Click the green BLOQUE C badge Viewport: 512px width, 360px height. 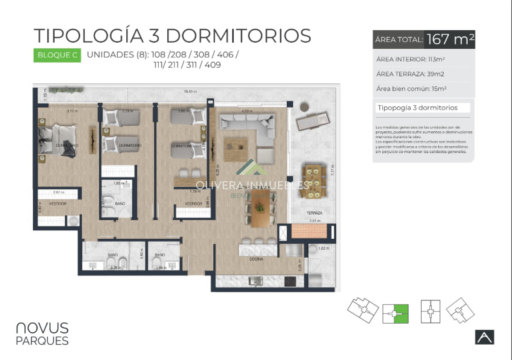(x=57, y=55)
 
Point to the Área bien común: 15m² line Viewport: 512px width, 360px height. (x=411, y=89)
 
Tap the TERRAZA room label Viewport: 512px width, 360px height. (x=314, y=212)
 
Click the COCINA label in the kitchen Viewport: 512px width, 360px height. (x=257, y=259)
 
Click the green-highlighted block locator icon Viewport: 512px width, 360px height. (x=396, y=313)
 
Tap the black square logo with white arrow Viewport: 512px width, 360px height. (x=484, y=337)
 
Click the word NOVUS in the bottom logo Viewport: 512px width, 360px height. (x=42, y=328)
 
